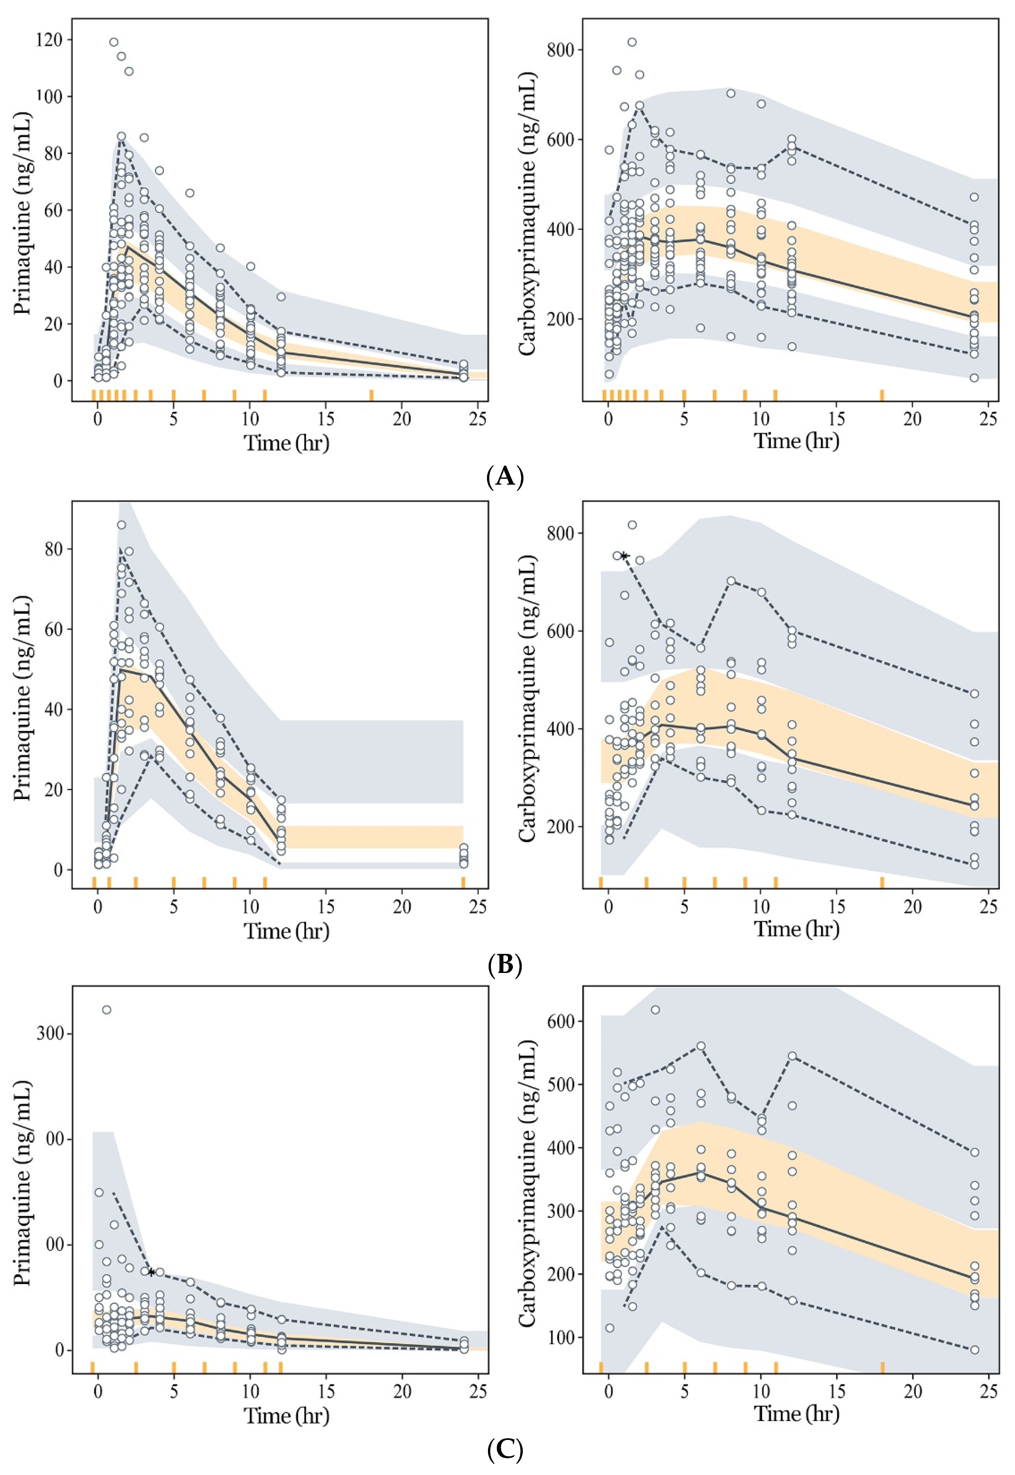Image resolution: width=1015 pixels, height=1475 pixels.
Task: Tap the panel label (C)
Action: coord(505,1450)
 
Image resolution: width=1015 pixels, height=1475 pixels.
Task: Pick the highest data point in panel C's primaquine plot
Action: coord(107,1010)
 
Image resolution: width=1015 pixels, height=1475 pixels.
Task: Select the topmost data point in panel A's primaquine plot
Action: coord(114,42)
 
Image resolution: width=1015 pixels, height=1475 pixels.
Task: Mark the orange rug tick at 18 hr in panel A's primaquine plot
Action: coord(371,395)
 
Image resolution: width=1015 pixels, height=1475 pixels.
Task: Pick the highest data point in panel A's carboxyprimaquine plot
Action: coord(632,42)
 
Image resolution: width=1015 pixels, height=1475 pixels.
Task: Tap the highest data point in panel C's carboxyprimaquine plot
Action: coord(655,1010)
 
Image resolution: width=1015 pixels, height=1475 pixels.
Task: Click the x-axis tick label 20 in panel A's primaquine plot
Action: coord(402,418)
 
